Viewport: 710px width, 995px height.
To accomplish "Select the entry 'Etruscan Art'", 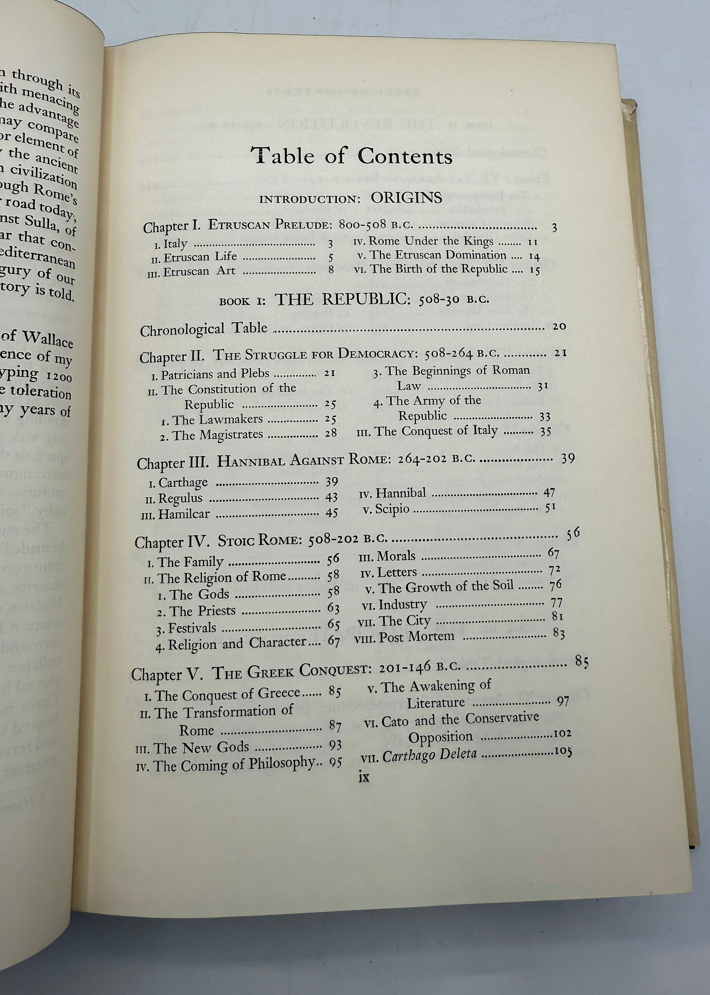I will [x=199, y=271].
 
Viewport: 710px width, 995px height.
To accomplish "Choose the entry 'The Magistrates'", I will [x=217, y=435].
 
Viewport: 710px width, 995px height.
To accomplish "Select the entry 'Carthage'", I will [x=183, y=483].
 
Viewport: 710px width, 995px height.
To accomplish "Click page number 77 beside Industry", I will [x=556, y=603].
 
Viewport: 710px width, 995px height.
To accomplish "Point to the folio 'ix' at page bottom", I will [x=363, y=777].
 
